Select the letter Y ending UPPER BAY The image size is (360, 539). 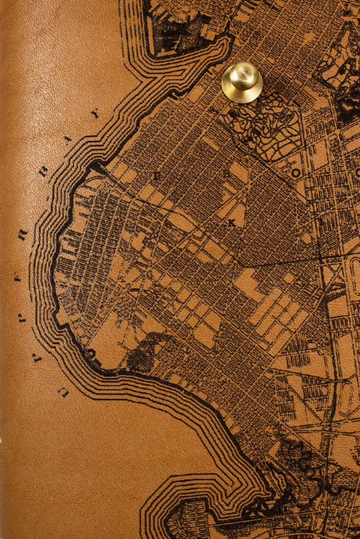94,114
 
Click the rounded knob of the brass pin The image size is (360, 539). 241,75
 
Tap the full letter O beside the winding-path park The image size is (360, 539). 295,173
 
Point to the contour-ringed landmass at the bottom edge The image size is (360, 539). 187,517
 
